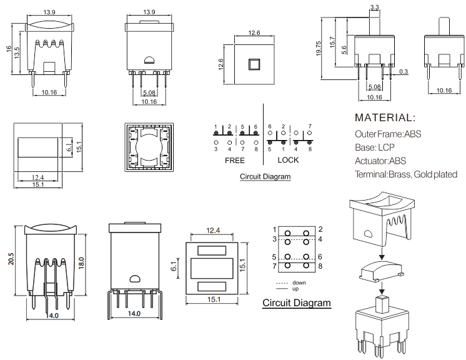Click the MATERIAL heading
coord(385,117)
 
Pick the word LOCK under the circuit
coord(288,161)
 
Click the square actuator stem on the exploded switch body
coord(381,305)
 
